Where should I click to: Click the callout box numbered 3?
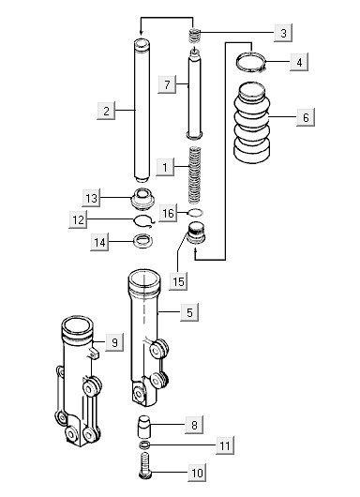[x=283, y=33]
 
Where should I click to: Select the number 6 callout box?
[x=306, y=117]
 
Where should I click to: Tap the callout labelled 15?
[x=178, y=281]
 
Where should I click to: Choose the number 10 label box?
[x=197, y=473]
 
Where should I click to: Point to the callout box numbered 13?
[x=91, y=198]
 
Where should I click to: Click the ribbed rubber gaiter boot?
[x=252, y=123]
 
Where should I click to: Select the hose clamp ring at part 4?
[x=251, y=63]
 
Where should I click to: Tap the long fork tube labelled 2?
[x=142, y=111]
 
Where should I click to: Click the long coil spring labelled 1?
[x=195, y=174]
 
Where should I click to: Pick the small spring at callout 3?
[x=195, y=37]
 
